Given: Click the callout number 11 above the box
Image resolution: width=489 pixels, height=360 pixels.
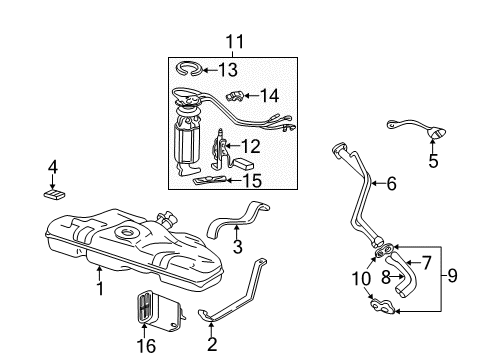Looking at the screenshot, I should tap(233, 42).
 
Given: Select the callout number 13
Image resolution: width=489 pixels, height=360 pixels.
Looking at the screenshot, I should tap(228, 69).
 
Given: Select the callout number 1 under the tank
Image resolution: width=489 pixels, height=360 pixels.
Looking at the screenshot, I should tap(100, 288).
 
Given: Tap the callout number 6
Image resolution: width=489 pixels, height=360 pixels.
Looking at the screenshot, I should tap(392, 183).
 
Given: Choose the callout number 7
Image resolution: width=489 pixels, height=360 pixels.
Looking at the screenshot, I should tap(427, 263).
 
